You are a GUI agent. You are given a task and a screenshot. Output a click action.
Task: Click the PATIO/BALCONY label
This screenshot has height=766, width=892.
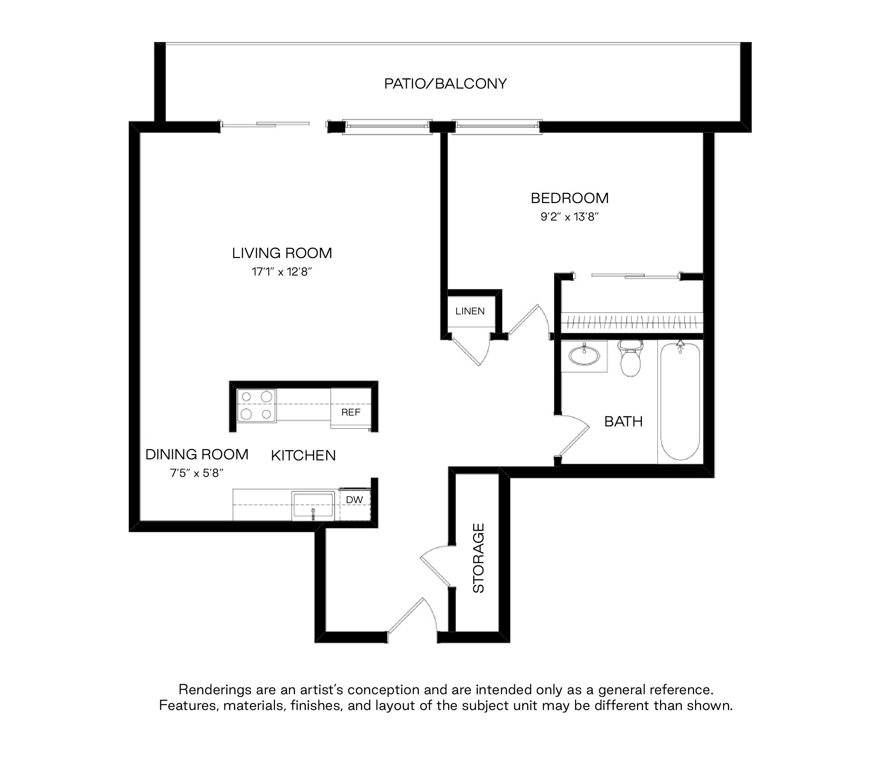click(445, 84)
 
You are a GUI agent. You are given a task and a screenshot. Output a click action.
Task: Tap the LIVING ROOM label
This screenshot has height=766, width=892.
click(282, 253)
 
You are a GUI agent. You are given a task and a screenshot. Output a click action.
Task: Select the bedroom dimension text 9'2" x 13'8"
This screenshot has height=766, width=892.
click(569, 217)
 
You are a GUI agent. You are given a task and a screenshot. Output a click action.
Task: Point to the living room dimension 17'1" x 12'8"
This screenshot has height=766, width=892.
click(282, 272)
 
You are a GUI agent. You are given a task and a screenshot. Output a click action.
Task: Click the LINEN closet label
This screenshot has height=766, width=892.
click(470, 311)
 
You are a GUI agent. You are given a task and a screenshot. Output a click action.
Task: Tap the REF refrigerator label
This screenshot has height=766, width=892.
click(351, 412)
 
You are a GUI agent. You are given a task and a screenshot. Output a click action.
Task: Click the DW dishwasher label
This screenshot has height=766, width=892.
click(354, 500)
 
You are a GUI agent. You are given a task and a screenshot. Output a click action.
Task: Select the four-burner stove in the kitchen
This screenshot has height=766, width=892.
click(256, 405)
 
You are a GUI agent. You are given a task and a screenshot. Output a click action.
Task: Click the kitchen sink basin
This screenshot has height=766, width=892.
click(313, 505)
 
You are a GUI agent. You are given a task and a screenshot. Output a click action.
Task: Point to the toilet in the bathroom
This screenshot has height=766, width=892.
click(630, 358)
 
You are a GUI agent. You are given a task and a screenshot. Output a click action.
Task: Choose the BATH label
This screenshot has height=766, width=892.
click(623, 422)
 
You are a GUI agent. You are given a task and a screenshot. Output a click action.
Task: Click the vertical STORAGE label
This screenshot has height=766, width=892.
click(479, 558)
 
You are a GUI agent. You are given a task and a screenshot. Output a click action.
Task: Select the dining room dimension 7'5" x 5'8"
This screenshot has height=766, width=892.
click(197, 473)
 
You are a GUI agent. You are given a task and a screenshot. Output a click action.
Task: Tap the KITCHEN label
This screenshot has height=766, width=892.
click(304, 455)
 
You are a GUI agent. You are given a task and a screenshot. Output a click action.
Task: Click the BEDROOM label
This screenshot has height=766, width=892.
click(569, 198)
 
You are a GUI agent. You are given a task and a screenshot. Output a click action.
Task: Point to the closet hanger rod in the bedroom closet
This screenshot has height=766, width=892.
click(632, 321)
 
